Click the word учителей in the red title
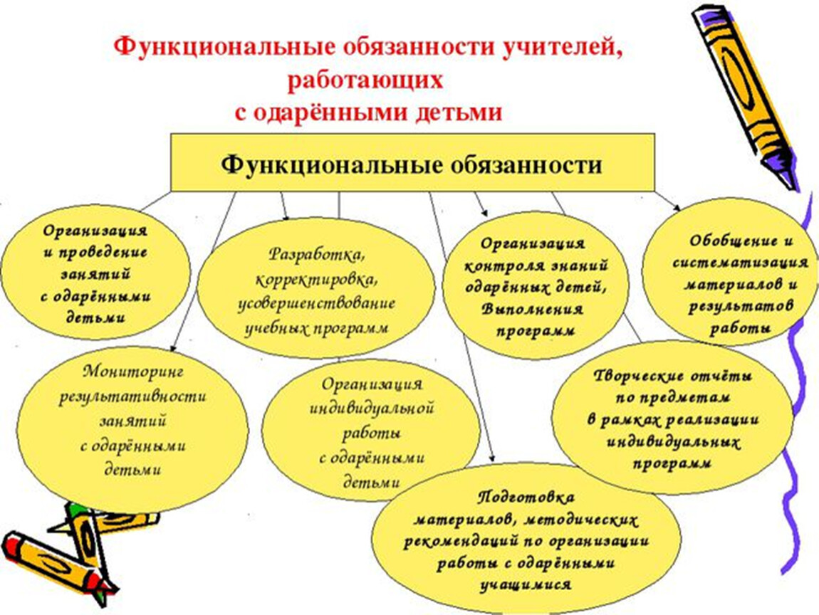pyautogui.click(x=563, y=48)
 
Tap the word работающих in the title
pyautogui.click(x=365, y=81)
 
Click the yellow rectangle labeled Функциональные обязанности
pyautogui.click(x=412, y=162)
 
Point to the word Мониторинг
pyautogui.click(x=133, y=372)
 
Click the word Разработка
pyautogui.click(x=316, y=254)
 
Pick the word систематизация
pyautogui.click(x=740, y=263)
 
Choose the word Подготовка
pyautogui.click(x=526, y=498)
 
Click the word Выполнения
pyautogui.click(x=532, y=309)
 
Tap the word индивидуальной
pyautogui.click(x=371, y=409)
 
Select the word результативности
pyautogui.click(x=132, y=396)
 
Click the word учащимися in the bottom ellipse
pyautogui.click(x=526, y=585)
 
